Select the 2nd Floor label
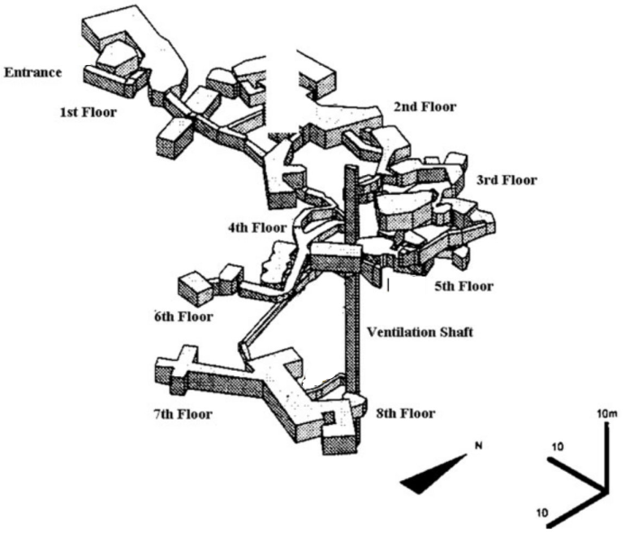click(x=424, y=107)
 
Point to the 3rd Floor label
click(x=505, y=180)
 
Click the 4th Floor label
click(x=258, y=228)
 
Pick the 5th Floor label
click(x=463, y=287)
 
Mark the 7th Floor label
click(x=182, y=415)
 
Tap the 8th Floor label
click(x=404, y=414)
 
